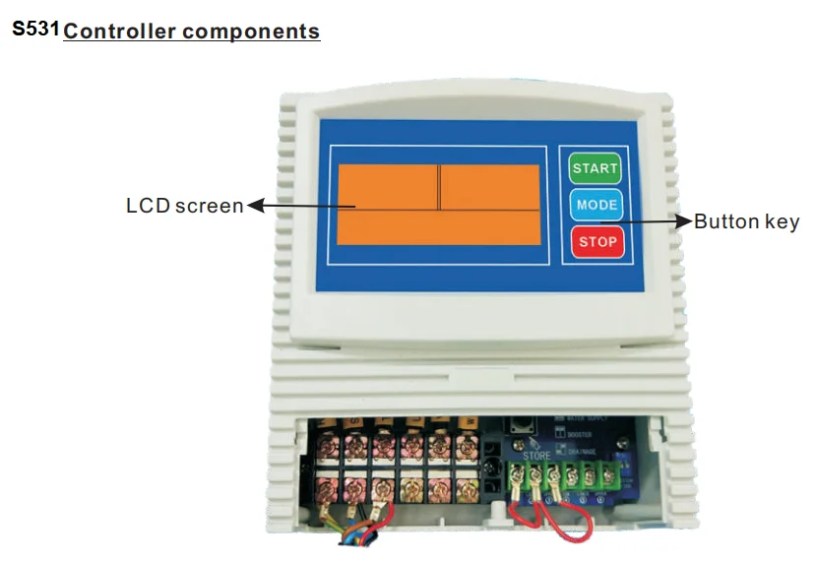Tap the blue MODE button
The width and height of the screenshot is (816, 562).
(x=596, y=205)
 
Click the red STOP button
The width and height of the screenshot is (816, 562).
(x=596, y=241)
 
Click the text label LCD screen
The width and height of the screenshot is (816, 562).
(x=184, y=206)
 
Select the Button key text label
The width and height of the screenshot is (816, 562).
(x=746, y=221)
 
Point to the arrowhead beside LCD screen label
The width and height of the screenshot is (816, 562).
(x=254, y=206)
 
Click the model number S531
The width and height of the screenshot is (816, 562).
(x=35, y=30)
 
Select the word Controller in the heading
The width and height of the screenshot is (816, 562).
(x=122, y=31)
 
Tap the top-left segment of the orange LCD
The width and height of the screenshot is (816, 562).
(x=388, y=186)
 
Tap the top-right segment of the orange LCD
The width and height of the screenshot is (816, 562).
(x=489, y=186)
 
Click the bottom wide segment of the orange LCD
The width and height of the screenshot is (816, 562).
(x=438, y=228)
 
